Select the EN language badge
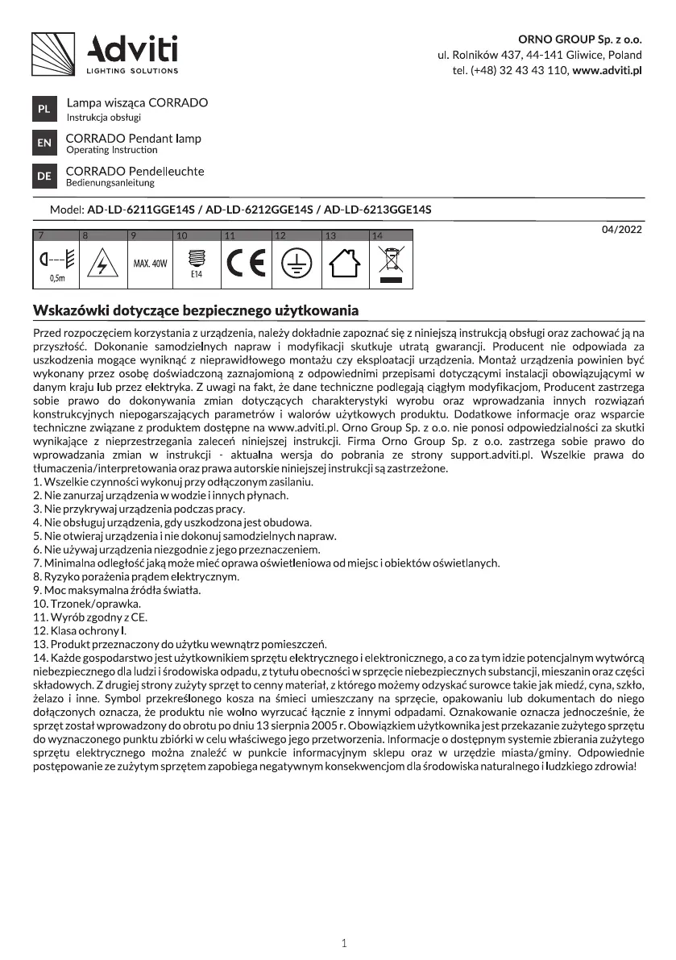44,143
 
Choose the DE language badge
44,176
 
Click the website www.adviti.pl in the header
607,71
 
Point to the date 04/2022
622,230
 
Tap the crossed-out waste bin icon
390,264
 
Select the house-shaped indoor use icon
344,264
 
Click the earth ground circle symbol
295,264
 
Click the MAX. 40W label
149,264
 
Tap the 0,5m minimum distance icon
56,264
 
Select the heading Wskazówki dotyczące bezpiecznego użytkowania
195,310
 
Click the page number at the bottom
344,942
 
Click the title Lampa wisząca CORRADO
137,103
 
